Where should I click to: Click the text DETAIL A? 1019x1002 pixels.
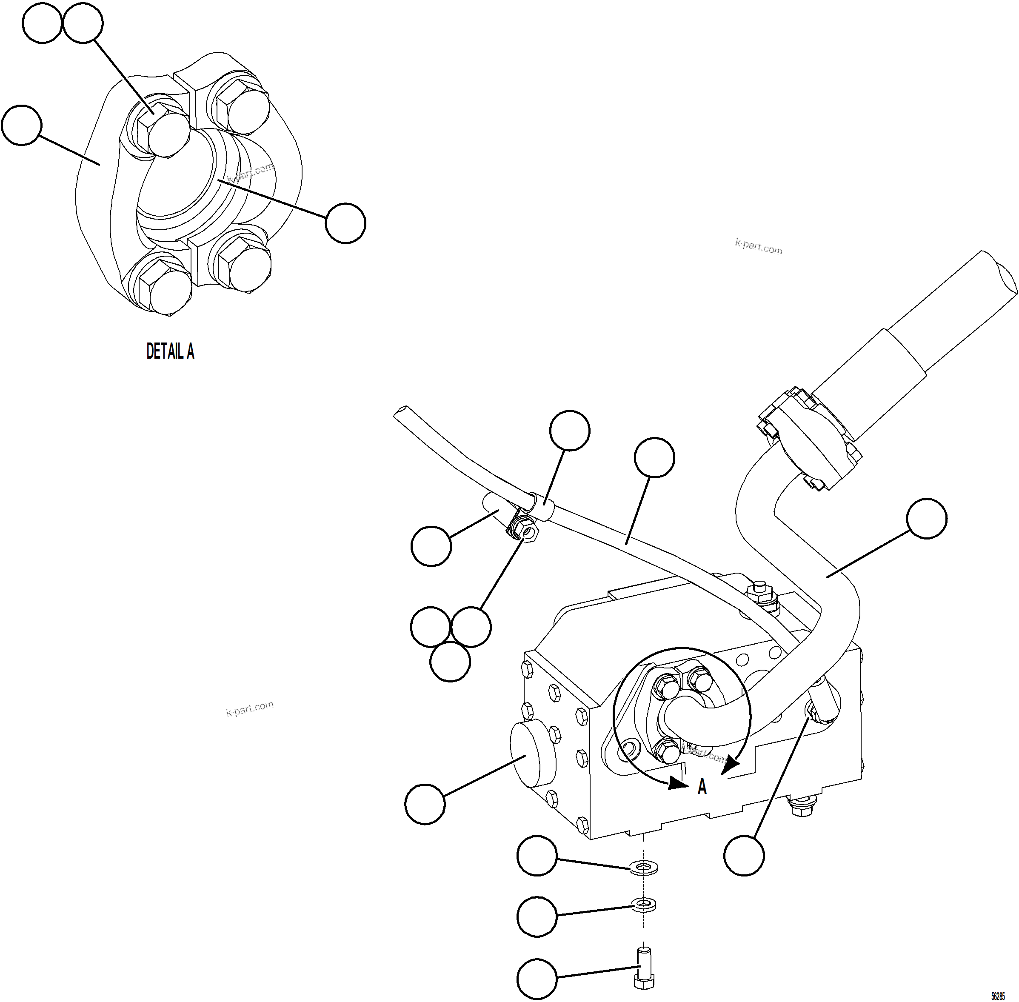170,351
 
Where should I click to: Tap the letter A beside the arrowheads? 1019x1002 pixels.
702,787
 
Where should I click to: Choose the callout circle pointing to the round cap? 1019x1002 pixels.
425,804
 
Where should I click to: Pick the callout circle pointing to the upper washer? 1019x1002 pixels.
537,856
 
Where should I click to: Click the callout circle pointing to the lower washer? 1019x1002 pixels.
537,917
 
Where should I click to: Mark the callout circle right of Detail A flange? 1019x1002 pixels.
345,223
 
